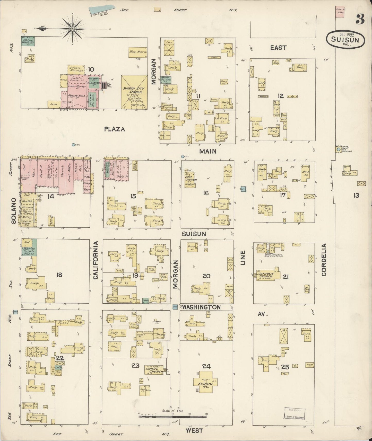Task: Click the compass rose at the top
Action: tap(73, 29)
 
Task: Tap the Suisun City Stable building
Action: tap(134, 92)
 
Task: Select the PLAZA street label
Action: tap(115, 129)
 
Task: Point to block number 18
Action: tap(59, 275)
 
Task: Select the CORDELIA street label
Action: tap(324, 260)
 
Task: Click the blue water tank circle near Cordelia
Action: tap(339, 149)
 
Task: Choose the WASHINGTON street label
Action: tap(202, 307)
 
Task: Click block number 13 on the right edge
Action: tap(356, 196)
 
